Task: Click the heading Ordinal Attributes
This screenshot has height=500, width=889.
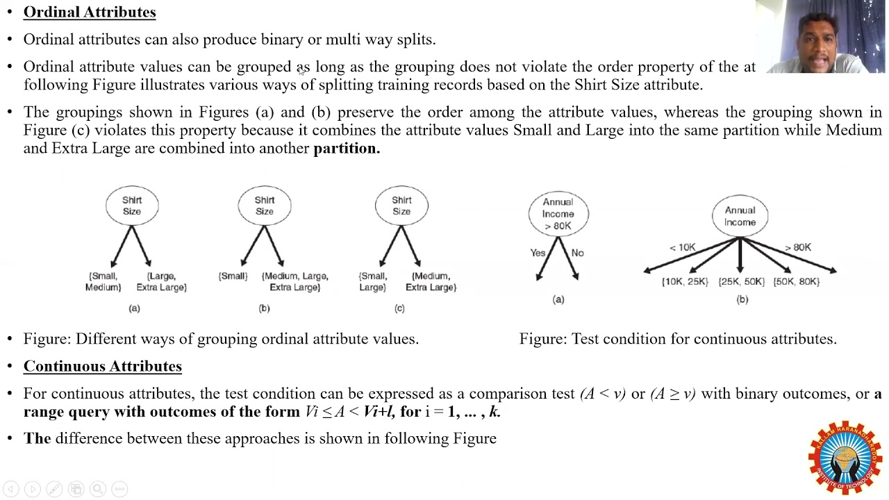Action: click(90, 12)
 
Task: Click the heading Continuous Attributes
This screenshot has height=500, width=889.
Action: click(102, 366)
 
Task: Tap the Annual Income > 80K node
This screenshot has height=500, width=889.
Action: click(558, 214)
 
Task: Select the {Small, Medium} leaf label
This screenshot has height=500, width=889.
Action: click(103, 282)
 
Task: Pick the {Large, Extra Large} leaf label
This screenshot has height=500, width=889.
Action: click(161, 282)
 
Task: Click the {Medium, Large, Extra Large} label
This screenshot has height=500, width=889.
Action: click(294, 282)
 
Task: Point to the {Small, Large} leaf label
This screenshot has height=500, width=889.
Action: click(372, 282)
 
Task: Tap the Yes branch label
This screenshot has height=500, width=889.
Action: click(538, 253)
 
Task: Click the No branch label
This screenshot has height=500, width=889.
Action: click(577, 253)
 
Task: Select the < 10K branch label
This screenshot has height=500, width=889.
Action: click(682, 247)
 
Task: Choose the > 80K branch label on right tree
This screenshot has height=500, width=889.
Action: click(797, 247)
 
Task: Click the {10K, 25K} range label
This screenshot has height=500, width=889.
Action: click(685, 281)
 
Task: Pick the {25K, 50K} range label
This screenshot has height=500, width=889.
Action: click(741, 281)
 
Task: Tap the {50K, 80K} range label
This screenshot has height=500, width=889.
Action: click(797, 281)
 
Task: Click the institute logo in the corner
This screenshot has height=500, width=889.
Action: click(844, 457)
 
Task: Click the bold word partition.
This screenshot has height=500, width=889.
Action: click(347, 148)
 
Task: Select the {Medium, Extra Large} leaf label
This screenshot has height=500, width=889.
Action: click(431, 282)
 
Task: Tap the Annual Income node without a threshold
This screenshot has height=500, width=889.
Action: click(740, 216)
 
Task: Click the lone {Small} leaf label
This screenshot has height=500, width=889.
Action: click(233, 276)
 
